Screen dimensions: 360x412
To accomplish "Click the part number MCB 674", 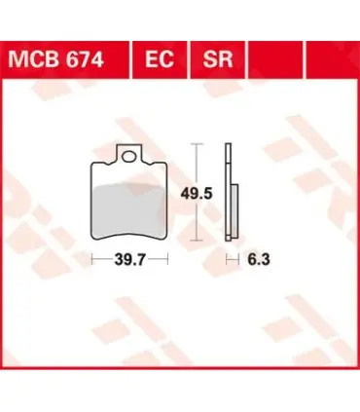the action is coord(56,59).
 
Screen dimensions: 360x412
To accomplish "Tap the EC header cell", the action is coord(160,59).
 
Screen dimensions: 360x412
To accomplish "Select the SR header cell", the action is coord(218,59).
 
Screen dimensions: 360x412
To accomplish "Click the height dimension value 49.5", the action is coord(197,194).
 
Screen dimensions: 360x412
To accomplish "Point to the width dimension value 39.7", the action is coord(130,260).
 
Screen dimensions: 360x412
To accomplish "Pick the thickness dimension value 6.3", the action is coord(259,260).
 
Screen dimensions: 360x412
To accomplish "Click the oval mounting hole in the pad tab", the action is coord(129,157).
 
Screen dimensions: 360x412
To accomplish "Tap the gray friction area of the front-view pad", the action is coord(129,209).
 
